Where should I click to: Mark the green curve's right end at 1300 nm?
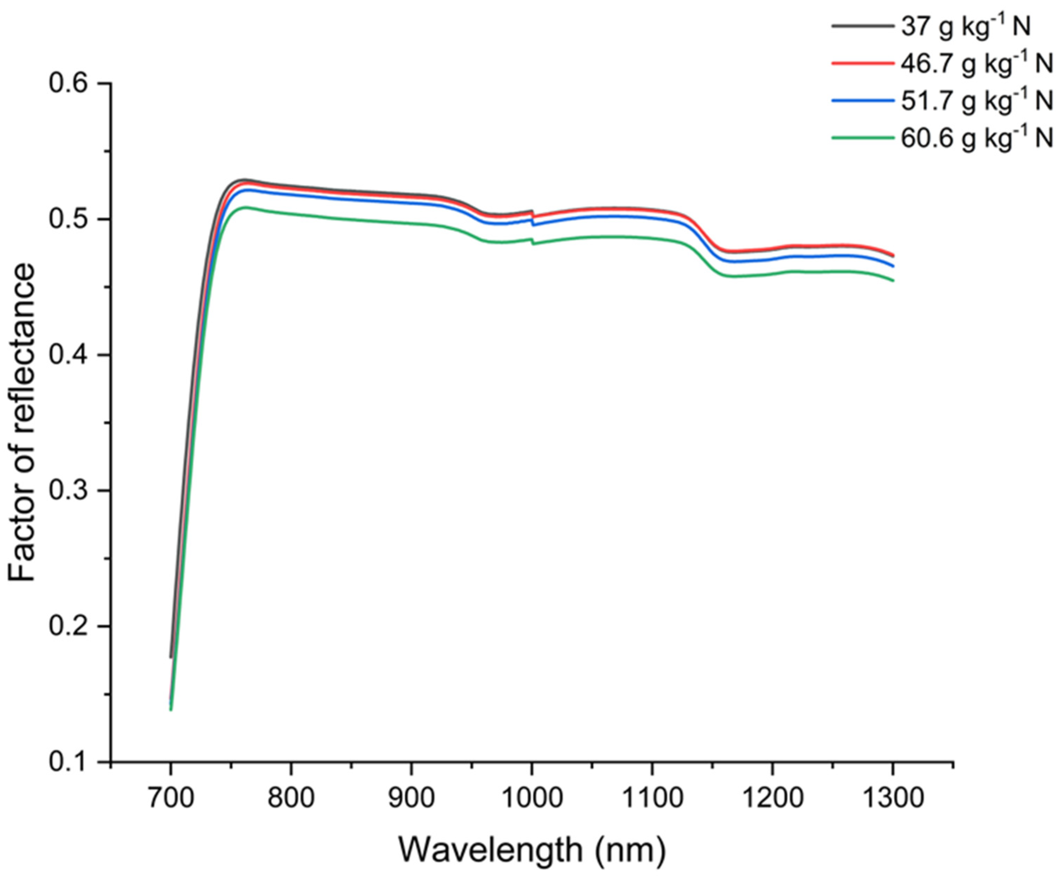click(x=893, y=280)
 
